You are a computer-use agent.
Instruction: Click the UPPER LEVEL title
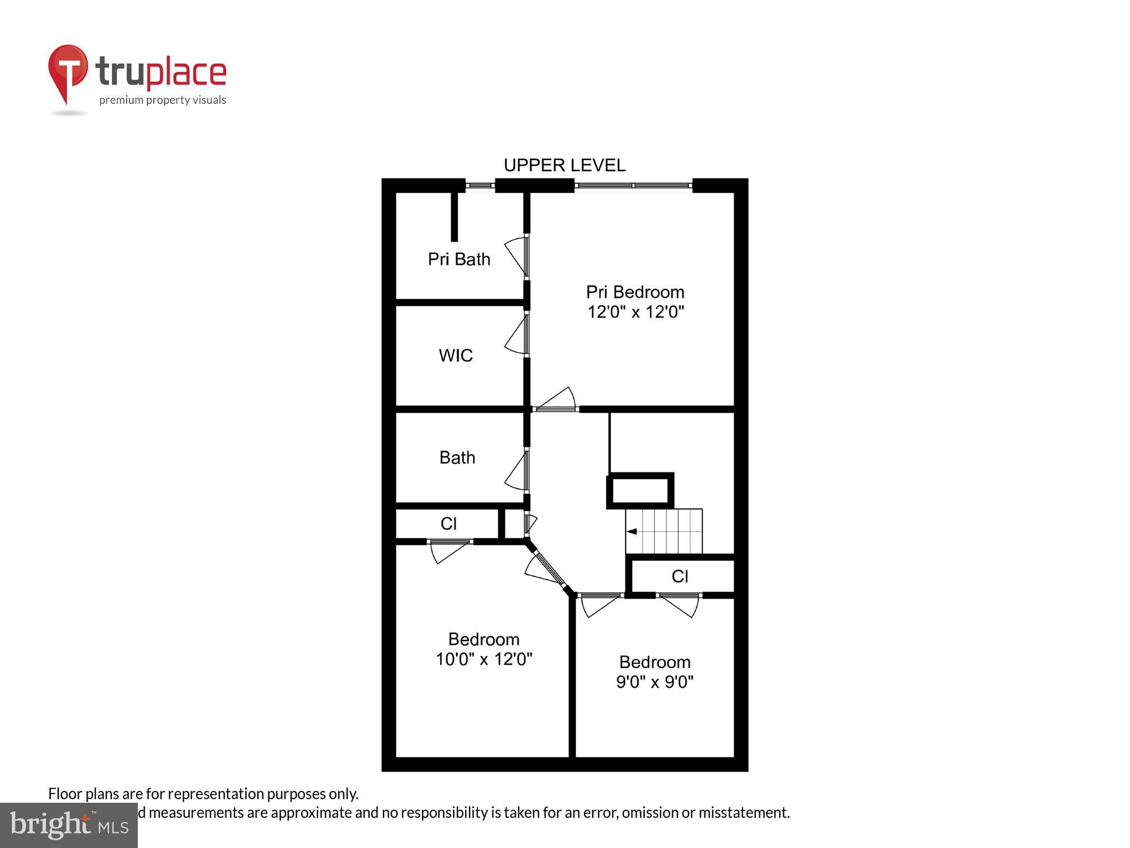pyautogui.click(x=564, y=165)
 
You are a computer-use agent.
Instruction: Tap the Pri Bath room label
pyautogui.click(x=459, y=259)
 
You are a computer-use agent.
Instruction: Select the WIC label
pyautogui.click(x=455, y=356)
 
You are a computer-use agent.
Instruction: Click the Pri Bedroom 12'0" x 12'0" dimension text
pyautogui.click(x=636, y=312)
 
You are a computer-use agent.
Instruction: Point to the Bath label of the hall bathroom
pyautogui.click(x=457, y=457)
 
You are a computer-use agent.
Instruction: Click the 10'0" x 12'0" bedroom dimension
pyautogui.click(x=484, y=659)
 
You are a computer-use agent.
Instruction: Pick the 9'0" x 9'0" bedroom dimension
pyautogui.click(x=654, y=682)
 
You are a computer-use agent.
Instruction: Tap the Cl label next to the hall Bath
pyautogui.click(x=449, y=523)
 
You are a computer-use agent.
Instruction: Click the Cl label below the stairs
pyautogui.click(x=680, y=576)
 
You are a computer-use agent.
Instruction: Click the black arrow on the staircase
pyautogui.click(x=632, y=531)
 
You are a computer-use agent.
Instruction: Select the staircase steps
pyautogui.click(x=667, y=531)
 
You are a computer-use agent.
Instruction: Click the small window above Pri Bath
pyautogui.click(x=480, y=185)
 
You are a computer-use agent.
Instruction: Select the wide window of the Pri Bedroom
pyautogui.click(x=633, y=185)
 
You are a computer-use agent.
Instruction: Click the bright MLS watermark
pyautogui.click(x=69, y=825)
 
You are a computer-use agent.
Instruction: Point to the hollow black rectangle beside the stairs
pyautogui.click(x=640, y=490)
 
